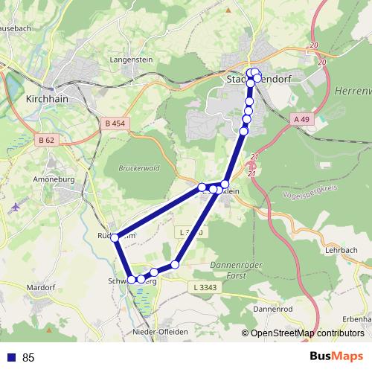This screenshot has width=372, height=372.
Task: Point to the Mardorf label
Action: (x=41, y=286)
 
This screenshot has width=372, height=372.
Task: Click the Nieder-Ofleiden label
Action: (x=157, y=332)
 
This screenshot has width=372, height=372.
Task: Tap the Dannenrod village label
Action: (x=275, y=308)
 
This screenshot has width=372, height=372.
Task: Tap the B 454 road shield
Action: (x=115, y=124)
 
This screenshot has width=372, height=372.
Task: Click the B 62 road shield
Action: (x=46, y=139)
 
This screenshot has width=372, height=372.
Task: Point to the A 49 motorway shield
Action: (x=301, y=119)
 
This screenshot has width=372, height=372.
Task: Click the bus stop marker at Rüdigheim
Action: (x=115, y=237)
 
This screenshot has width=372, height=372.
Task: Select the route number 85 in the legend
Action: (x=29, y=358)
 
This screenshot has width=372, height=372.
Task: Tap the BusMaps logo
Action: (x=336, y=357)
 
